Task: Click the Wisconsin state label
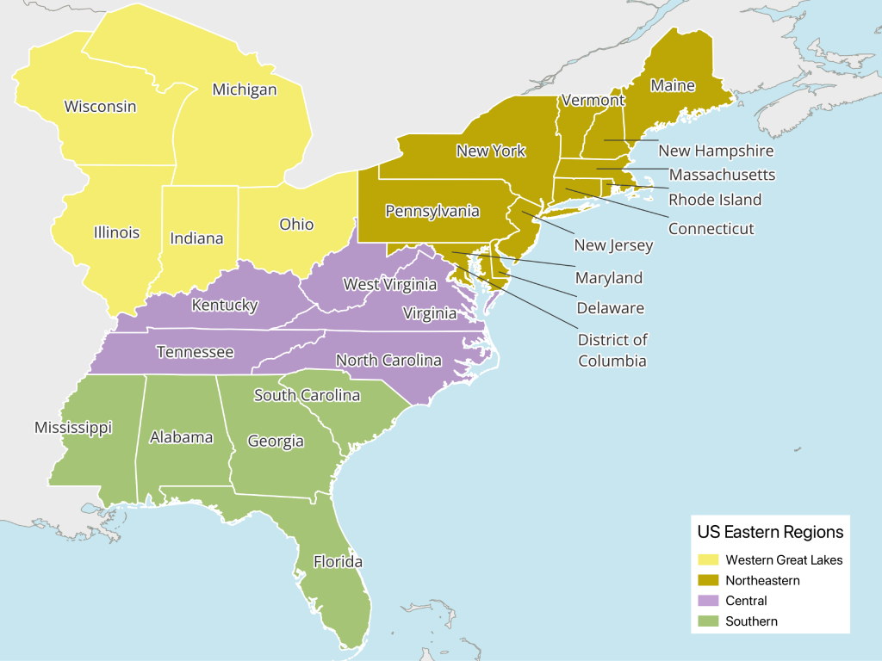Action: coord(101,107)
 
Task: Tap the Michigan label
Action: coord(245,90)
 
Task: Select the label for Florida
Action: coord(338,562)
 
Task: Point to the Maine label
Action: coord(673,85)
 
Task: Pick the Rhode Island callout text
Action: coord(715,200)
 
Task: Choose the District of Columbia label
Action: coord(612,350)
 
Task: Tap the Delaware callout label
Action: coord(610,307)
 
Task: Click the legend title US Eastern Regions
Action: coord(770,532)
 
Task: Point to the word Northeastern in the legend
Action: coord(762,580)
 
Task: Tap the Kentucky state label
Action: coord(225,305)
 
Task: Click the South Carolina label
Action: coord(307,395)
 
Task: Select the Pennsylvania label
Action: coord(432,211)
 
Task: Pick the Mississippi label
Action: coord(73,428)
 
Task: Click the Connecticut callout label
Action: coord(711,229)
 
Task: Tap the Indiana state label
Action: coord(196,238)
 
